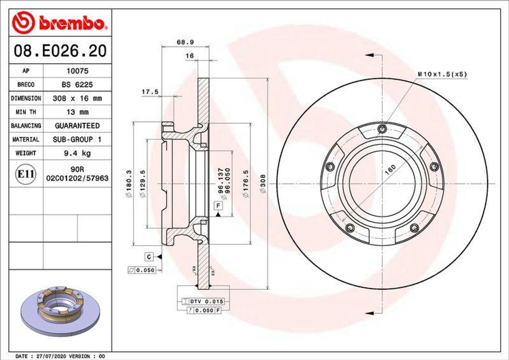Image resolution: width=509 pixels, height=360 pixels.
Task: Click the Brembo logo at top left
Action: click(60, 23)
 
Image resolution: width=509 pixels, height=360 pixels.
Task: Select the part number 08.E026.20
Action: click(59, 51)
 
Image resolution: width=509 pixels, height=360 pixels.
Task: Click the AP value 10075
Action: click(77, 71)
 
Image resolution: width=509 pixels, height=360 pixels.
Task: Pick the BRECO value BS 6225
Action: click(77, 85)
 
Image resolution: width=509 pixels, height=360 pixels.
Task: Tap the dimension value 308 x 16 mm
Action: click(77, 98)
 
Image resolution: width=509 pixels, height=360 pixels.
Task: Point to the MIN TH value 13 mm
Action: click(77, 112)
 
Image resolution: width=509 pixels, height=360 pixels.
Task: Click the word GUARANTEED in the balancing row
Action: click(77, 126)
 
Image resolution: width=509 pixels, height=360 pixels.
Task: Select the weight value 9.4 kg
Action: click(77, 153)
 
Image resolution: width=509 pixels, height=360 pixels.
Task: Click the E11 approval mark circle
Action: click(25, 174)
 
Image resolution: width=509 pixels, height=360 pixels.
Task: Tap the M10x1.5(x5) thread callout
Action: click(442, 74)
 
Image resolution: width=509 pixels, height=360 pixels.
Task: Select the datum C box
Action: click(149, 257)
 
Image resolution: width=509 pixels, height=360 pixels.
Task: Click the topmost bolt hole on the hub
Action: click(382, 130)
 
